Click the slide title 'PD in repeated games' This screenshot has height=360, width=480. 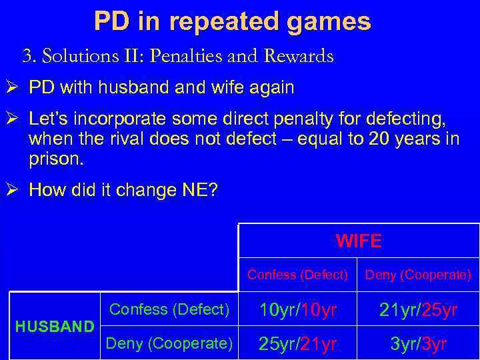click(232, 22)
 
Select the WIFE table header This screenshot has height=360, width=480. click(359, 241)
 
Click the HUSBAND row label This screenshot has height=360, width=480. click(55, 327)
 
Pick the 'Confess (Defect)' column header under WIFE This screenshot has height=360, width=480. click(297, 275)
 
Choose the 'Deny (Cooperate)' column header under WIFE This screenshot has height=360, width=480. click(419, 275)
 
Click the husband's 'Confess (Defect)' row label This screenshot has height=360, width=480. click(169, 309)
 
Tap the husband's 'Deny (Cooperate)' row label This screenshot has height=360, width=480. click(169, 343)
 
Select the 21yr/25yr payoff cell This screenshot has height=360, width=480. click(419, 311)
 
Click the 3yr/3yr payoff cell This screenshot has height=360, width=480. click(419, 345)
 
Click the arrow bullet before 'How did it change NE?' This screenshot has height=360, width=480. click(15, 191)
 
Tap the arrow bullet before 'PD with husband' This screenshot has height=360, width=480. click(15, 88)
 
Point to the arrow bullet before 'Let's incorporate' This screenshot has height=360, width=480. click(15, 119)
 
